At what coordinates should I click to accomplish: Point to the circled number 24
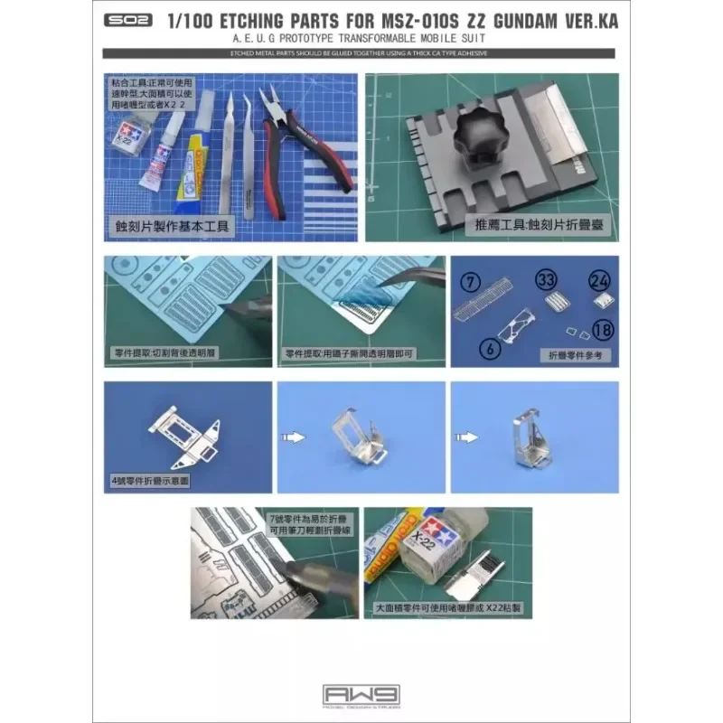[x=600, y=281]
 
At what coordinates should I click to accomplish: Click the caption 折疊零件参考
[x=578, y=355]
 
